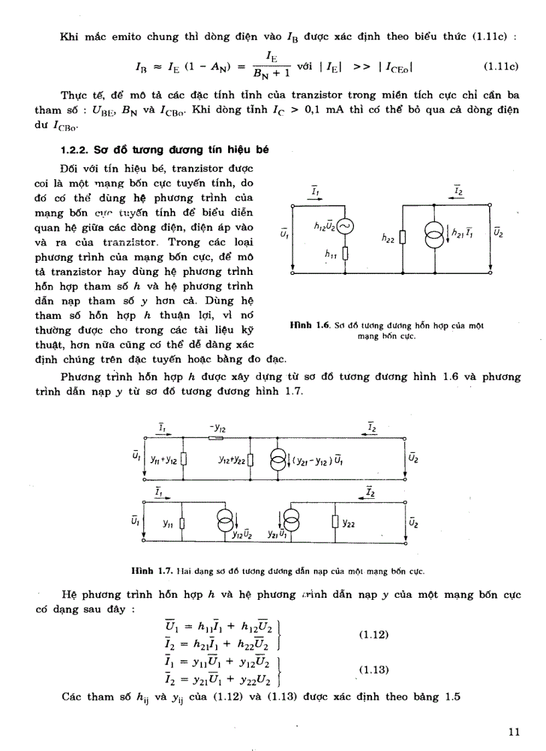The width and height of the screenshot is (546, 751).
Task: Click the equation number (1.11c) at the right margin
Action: pyautogui.click(x=501, y=67)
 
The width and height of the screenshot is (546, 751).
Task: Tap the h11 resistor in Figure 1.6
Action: pyautogui.click(x=346, y=255)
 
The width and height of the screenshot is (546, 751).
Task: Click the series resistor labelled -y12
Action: pyautogui.click(x=216, y=439)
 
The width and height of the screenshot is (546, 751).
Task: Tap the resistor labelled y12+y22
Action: pyautogui.click(x=250, y=460)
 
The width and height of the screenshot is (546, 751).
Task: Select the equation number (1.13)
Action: pyautogui.click(x=373, y=669)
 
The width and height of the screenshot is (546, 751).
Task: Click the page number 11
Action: pyautogui.click(x=514, y=732)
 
